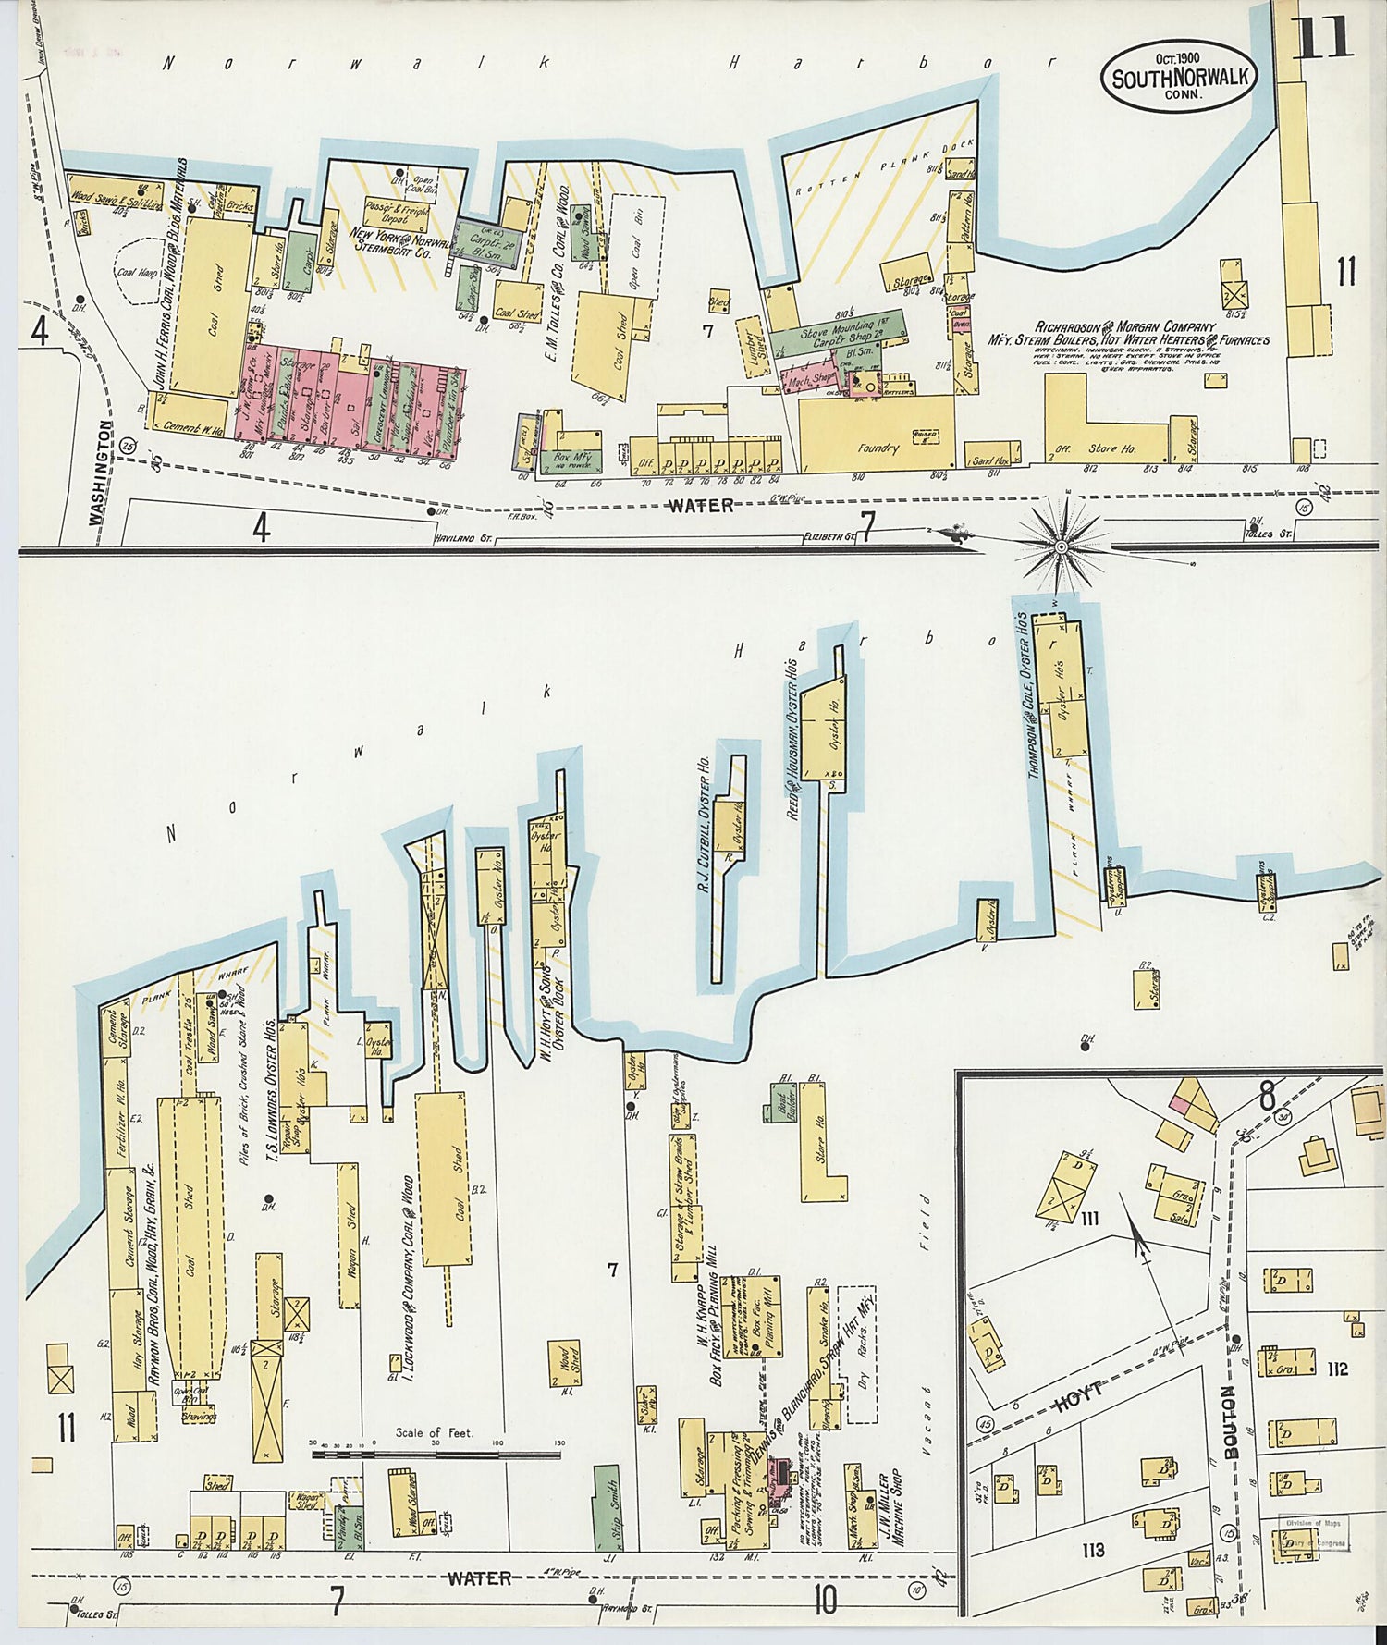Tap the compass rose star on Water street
click(1062, 546)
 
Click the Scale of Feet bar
click(436, 1455)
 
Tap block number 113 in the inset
click(1092, 1549)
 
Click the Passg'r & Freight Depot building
click(397, 213)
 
